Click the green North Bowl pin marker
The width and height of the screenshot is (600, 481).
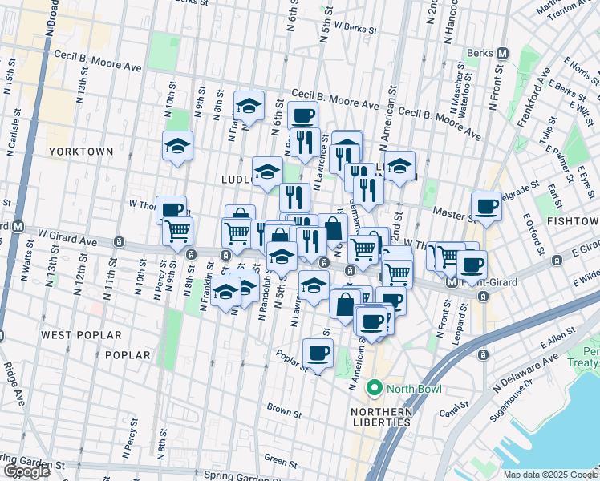(374, 390)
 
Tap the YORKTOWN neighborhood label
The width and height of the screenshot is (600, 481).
(81, 151)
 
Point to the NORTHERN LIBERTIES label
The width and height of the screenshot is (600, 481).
(381, 412)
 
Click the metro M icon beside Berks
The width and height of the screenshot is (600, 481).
(503, 53)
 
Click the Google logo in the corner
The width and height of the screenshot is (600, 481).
(26, 471)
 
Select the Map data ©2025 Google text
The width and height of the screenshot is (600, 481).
(550, 475)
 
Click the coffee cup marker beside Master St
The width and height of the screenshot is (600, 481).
(486, 206)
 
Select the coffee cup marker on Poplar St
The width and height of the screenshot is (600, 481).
(318, 353)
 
